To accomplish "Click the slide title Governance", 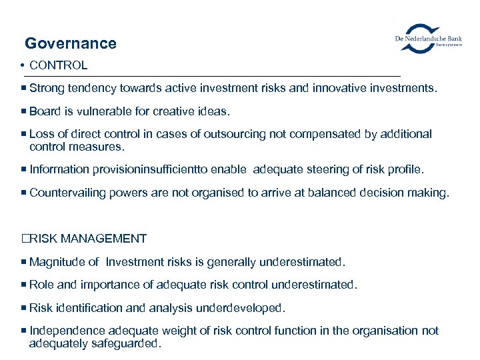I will click(71, 44).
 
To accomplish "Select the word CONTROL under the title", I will click(59, 65).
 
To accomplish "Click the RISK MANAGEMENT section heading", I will click(89, 239).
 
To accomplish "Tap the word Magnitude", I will click(57, 262).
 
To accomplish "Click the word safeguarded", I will click(127, 343).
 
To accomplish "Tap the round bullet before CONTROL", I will click(23, 65).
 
